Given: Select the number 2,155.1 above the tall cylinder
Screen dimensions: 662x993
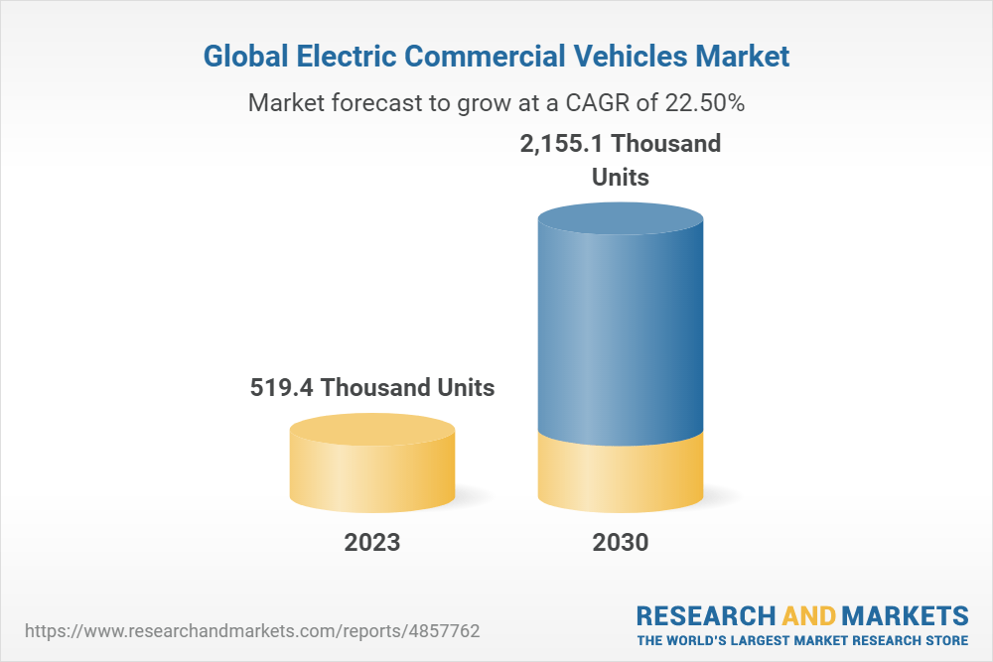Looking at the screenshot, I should pyautogui.click(x=562, y=143).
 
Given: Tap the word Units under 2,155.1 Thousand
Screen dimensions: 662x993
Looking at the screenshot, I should pyautogui.click(x=621, y=178).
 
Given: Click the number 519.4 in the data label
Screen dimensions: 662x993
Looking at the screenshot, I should pyautogui.click(x=283, y=387).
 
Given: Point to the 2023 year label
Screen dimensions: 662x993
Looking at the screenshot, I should pyautogui.click(x=372, y=543).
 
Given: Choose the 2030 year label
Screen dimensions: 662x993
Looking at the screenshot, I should pyautogui.click(x=621, y=543).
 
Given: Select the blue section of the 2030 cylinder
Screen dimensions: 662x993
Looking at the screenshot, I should pyautogui.click(x=621, y=337).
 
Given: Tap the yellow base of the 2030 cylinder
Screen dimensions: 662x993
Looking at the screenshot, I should pyautogui.click(x=621, y=476).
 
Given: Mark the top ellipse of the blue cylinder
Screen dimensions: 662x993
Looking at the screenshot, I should pyautogui.click(x=621, y=220).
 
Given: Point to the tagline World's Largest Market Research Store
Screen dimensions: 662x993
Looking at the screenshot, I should pyautogui.click(x=802, y=640).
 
